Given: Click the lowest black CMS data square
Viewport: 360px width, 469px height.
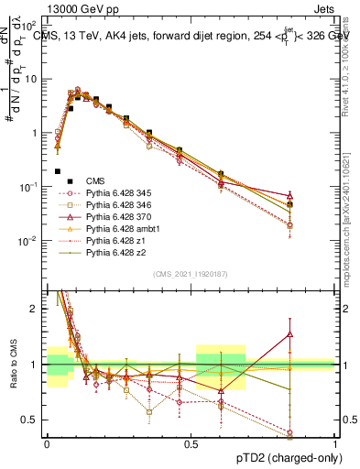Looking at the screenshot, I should [58, 171].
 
